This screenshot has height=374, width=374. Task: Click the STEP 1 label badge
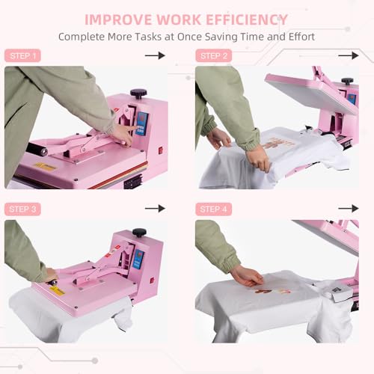click(22, 55)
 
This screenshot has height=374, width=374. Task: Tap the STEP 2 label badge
click(214, 55)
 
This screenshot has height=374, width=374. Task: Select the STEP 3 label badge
click(22, 209)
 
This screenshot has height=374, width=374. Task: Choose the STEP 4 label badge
click(214, 209)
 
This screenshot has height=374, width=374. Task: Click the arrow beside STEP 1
click(155, 55)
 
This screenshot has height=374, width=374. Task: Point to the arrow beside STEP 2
click(349, 55)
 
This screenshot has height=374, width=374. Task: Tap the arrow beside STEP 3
click(155, 209)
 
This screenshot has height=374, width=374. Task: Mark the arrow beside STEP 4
click(349, 209)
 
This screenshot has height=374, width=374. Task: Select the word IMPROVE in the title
click(118, 19)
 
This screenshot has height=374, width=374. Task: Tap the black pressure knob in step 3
click(139, 233)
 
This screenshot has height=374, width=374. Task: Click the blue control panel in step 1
click(141, 124)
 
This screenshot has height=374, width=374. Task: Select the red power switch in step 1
click(161, 150)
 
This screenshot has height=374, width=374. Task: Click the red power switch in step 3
click(152, 280)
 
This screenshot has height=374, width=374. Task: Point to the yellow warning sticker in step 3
click(57, 291)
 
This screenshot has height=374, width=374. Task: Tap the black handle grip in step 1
click(37, 149)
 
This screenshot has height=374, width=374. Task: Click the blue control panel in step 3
click(138, 260)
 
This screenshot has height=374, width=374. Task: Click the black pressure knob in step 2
click(347, 81)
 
